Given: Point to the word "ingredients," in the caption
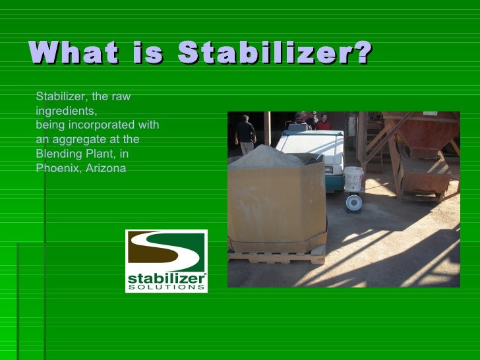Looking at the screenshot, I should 66,111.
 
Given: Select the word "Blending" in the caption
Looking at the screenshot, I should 57,154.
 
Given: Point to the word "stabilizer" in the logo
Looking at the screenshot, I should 165,279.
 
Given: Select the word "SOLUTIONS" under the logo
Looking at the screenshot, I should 165,287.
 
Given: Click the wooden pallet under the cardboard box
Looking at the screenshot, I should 276,256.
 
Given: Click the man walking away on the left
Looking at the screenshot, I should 245,134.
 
